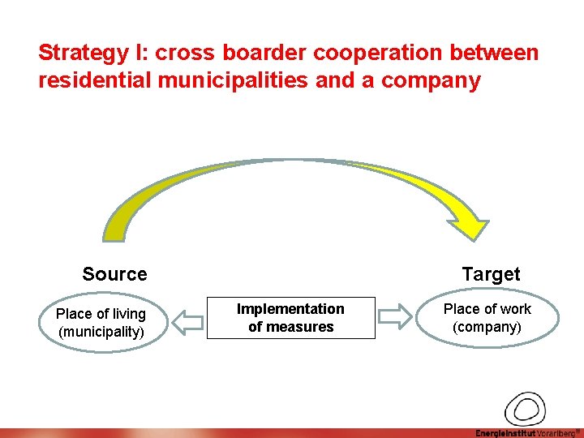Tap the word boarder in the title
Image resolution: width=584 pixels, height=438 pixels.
pyautogui.click(x=260, y=54)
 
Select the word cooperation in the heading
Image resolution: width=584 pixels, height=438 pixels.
pyautogui.click(x=379, y=54)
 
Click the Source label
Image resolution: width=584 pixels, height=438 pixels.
pyautogui.click(x=114, y=274)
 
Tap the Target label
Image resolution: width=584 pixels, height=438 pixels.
pyautogui.click(x=491, y=274)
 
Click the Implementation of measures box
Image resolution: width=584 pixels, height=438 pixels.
pyautogui.click(x=290, y=318)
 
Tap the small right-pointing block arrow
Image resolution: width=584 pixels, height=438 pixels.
pyautogui.click(x=396, y=318)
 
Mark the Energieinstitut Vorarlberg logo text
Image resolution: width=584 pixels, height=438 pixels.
pyautogui.click(x=528, y=432)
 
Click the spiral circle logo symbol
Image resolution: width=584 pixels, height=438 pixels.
pyautogui.click(x=526, y=408)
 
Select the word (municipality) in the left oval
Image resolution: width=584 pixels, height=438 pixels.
pyautogui.click(x=101, y=332)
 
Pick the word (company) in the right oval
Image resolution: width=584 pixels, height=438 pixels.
pyautogui.click(x=487, y=327)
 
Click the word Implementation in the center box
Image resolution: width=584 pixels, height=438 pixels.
pyautogui.click(x=290, y=309)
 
